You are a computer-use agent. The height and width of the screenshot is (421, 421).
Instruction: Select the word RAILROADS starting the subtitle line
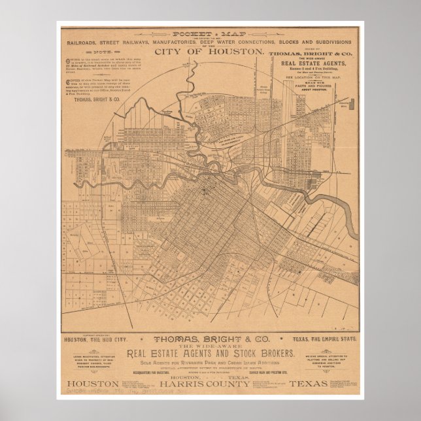click(x=80, y=42)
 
